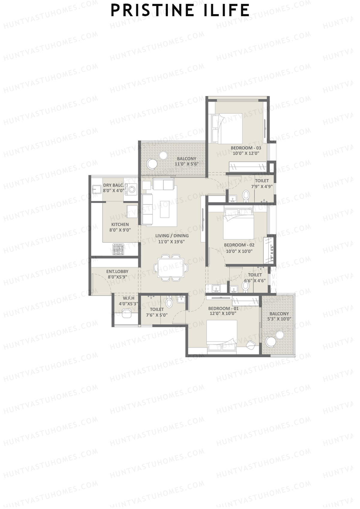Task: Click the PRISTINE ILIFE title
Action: point(180,10)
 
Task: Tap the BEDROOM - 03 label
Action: point(246,148)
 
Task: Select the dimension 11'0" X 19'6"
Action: point(172,241)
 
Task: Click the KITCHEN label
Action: point(120,224)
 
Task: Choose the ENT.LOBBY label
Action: point(118,271)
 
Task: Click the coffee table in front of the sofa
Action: point(164,209)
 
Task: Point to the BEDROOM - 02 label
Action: point(239,245)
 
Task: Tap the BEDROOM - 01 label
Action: point(223,308)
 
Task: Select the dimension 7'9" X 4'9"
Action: point(262,186)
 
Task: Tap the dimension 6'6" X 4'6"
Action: point(255,281)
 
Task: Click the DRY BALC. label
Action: point(113,185)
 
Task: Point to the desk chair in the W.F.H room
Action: point(127,313)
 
